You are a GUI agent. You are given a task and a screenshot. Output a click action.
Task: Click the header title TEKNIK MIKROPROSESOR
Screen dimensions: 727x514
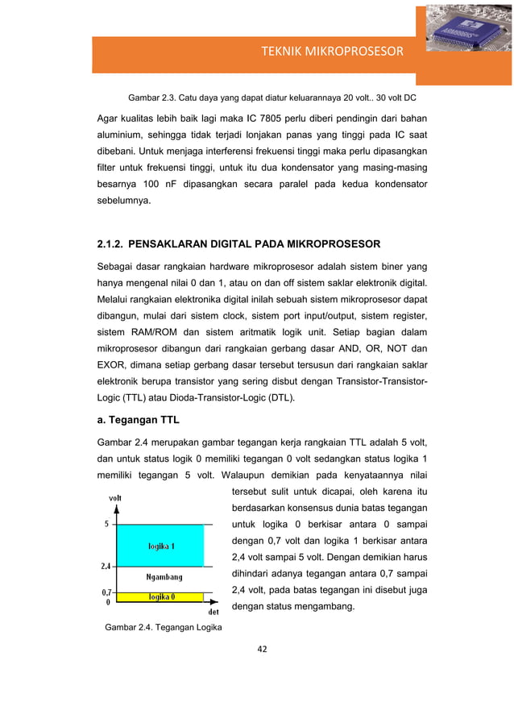pyautogui.click(x=331, y=52)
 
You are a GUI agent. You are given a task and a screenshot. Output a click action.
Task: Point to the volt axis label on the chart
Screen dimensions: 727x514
pyautogui.click(x=116, y=497)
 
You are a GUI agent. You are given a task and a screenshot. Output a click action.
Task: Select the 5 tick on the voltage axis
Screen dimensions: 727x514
pyautogui.click(x=107, y=524)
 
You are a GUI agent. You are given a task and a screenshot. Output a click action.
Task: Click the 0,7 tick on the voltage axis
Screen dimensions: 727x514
pyautogui.click(x=105, y=592)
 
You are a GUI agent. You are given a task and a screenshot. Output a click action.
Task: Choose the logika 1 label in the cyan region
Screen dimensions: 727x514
pyautogui.click(x=164, y=546)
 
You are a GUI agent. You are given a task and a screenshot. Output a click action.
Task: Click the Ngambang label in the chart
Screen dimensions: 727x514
pyautogui.click(x=164, y=577)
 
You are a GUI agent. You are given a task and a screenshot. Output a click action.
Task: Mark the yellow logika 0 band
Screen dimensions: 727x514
pyautogui.click(x=164, y=597)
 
